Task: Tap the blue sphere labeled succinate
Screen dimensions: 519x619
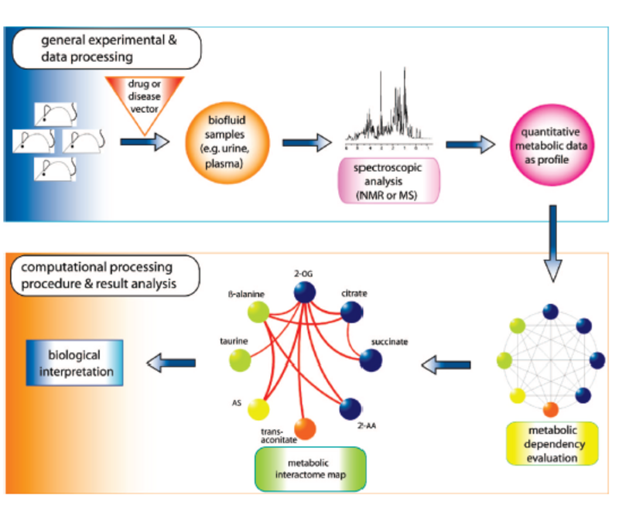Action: (371, 360)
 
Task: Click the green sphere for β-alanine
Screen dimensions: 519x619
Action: (258, 312)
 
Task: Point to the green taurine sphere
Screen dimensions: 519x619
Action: (240, 360)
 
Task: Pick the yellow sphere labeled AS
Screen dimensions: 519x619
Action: (258, 407)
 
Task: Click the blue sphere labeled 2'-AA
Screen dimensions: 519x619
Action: (351, 407)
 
